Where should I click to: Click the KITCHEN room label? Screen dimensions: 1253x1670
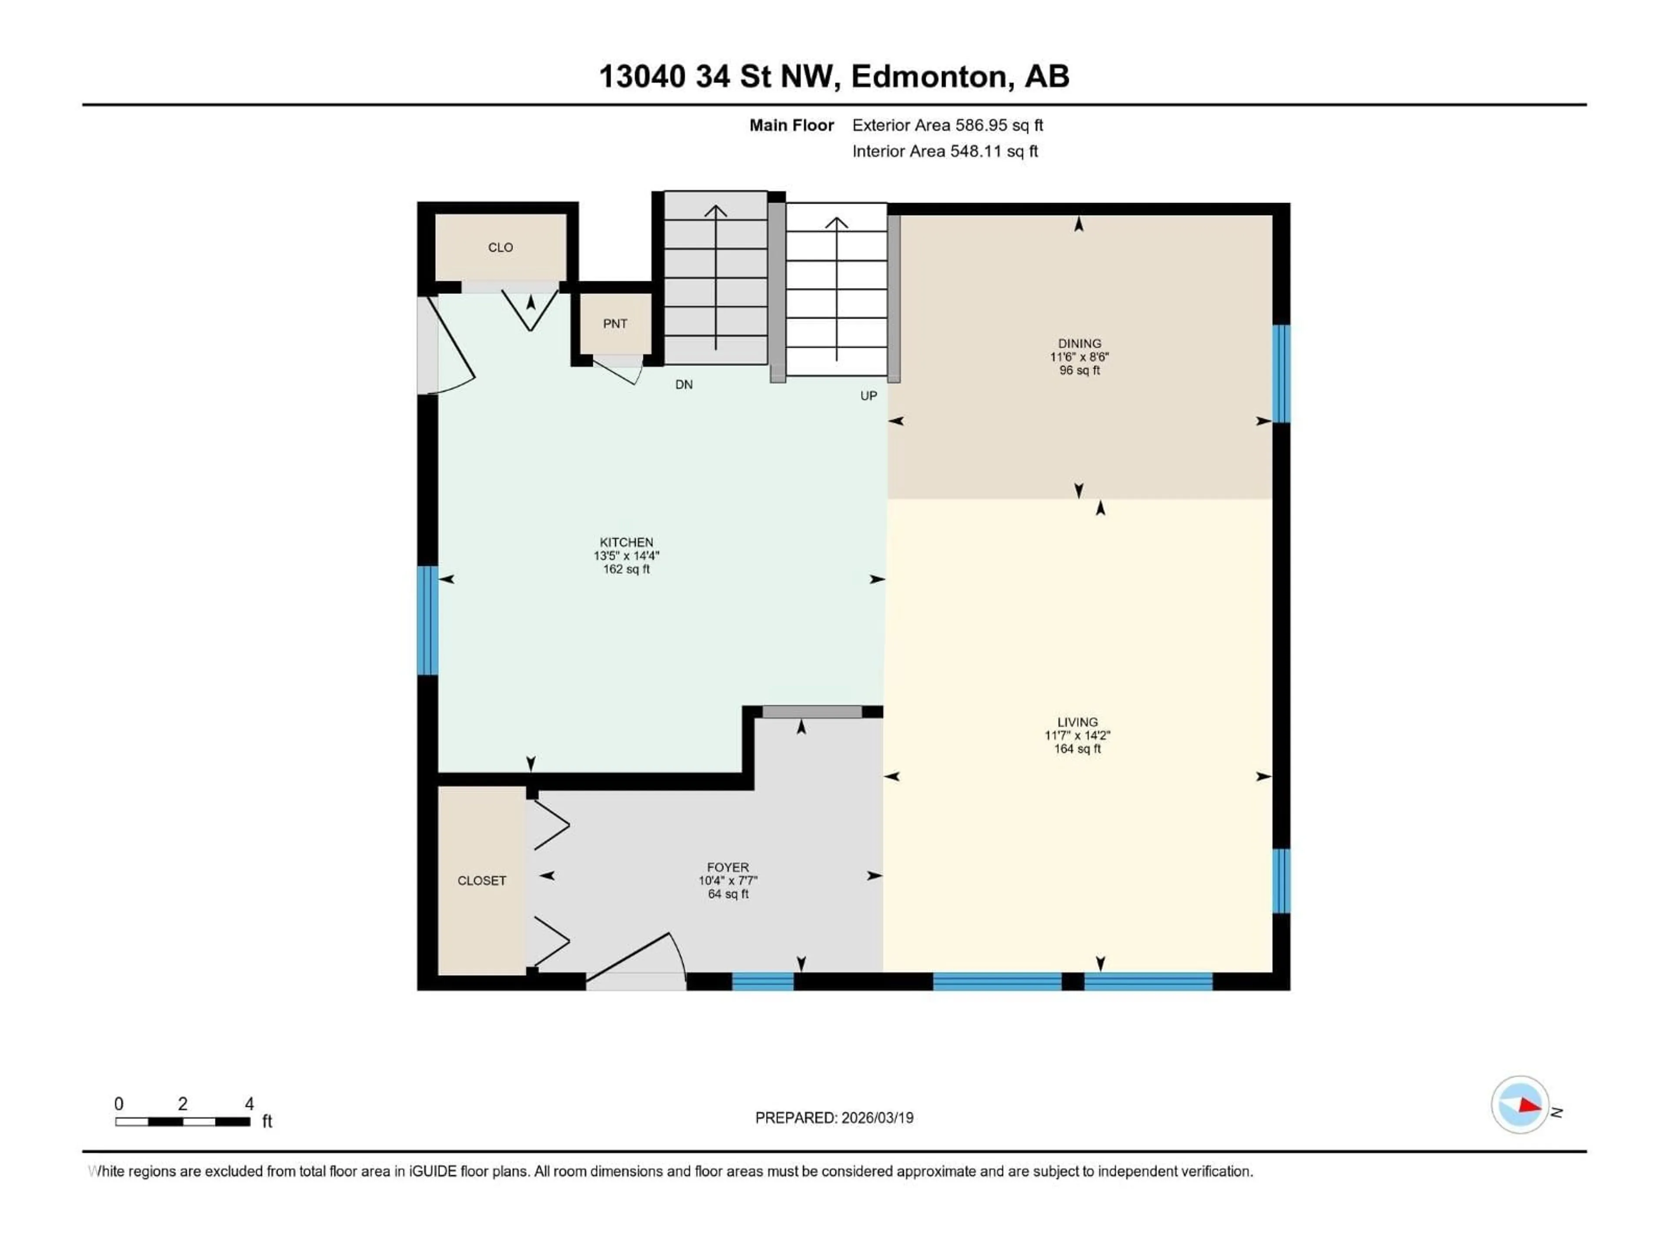tap(626, 542)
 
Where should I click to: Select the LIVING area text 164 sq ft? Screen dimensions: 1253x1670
tap(1077, 748)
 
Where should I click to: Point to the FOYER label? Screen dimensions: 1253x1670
tap(728, 867)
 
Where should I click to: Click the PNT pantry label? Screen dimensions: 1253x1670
tap(615, 323)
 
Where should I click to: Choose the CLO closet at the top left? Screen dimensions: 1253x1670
tap(500, 247)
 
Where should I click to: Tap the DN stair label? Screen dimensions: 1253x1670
tap(683, 385)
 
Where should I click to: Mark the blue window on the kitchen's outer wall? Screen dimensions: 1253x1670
tap(428, 620)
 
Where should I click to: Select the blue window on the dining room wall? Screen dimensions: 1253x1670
tap(1281, 373)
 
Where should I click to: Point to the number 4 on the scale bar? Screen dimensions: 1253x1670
tap(249, 1103)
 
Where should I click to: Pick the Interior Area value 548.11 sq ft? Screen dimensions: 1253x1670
tap(994, 151)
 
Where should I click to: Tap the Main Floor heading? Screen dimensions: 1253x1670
tap(791, 125)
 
